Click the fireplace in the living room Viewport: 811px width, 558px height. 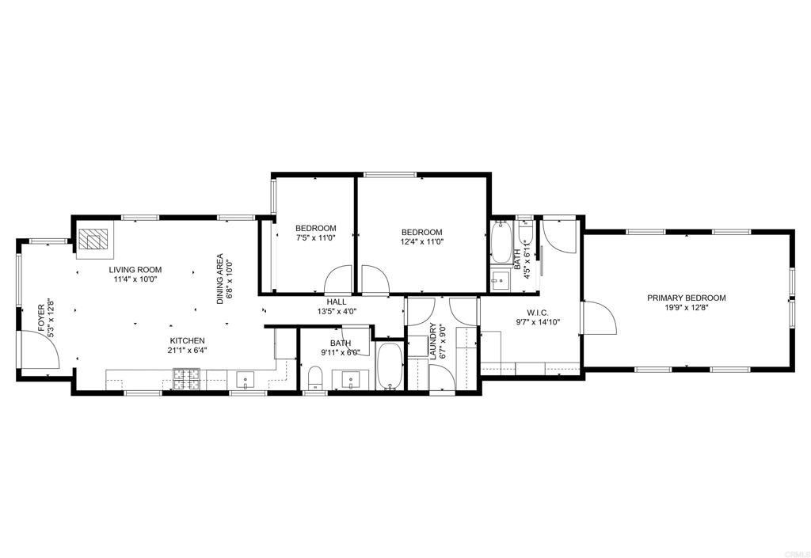(94, 241)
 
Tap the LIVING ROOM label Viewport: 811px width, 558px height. (135, 270)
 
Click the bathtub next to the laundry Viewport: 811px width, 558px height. (389, 367)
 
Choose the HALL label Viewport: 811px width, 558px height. (337, 302)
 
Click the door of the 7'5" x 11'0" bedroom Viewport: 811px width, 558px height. (339, 280)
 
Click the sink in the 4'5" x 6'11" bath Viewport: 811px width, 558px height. (500, 280)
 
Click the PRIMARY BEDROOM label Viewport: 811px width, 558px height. (686, 298)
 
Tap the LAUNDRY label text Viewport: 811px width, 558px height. (432, 341)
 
